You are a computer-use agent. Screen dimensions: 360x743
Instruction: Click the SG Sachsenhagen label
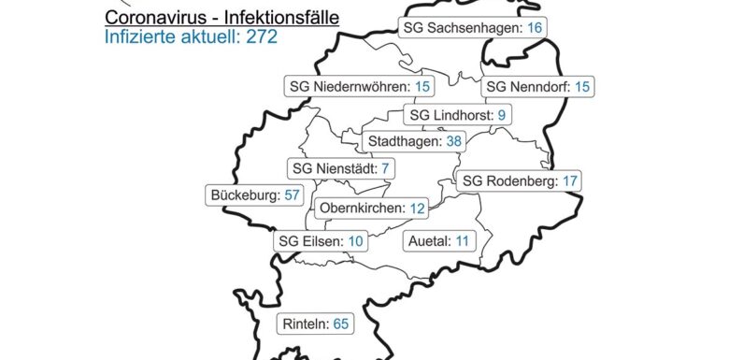coord(471,27)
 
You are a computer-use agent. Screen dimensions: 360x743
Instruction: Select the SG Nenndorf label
coord(537,87)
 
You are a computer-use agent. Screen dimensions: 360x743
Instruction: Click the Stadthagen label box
coord(415,141)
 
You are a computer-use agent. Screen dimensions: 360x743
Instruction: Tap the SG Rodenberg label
coord(520,180)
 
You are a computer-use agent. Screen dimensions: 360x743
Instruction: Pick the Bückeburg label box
coord(255,196)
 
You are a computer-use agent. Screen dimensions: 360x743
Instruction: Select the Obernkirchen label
coord(372,207)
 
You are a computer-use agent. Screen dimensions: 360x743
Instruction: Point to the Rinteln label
coord(314,324)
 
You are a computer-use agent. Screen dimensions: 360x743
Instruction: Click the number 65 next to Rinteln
coord(340,324)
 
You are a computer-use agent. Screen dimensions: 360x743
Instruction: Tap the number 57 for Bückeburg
coord(292,196)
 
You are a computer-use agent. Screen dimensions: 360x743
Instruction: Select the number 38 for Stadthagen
coord(454,141)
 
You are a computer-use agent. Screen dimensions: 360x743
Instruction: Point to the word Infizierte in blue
coord(138,37)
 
